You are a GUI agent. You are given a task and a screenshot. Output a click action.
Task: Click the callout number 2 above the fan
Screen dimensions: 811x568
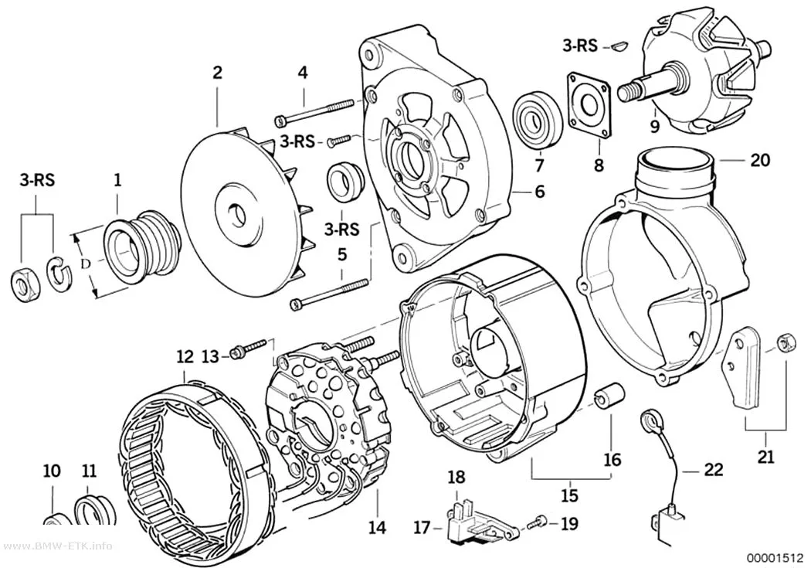point(217,73)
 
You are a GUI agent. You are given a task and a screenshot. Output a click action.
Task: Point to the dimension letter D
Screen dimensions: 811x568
point(85,264)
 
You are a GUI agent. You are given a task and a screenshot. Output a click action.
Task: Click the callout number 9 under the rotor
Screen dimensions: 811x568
point(655,127)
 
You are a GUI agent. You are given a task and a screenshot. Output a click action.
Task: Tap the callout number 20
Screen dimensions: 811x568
point(760,161)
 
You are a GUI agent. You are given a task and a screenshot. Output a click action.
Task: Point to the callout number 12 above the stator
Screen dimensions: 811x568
point(185,357)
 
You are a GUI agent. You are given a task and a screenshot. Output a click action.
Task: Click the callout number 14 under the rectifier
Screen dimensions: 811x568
point(377,528)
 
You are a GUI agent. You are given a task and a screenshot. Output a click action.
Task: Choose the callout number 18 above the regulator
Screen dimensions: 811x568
point(456,477)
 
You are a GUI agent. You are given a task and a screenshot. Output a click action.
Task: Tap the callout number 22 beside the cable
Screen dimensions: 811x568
point(713,470)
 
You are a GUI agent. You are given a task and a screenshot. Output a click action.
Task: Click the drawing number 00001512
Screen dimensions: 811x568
point(774,558)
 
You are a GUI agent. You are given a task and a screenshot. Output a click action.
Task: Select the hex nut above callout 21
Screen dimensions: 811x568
point(784,342)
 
